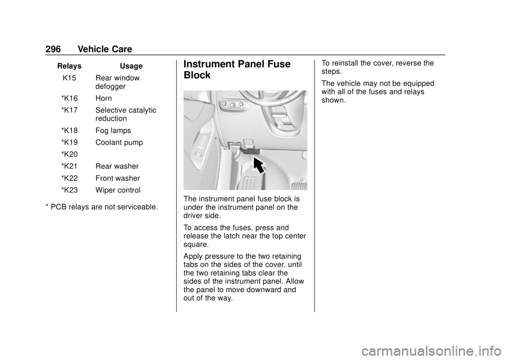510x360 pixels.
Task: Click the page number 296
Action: (x=53, y=49)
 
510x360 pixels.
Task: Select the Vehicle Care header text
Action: (x=105, y=49)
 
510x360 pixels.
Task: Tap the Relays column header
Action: (x=69, y=66)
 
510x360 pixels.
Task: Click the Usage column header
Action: (x=131, y=66)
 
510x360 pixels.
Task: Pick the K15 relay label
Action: (x=69, y=78)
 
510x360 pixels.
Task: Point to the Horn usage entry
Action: (x=104, y=98)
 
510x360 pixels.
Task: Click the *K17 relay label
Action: (x=69, y=110)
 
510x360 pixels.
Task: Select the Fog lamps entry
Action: (x=113, y=131)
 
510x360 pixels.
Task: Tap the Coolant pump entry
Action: (x=119, y=143)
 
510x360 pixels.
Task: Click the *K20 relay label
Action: (x=69, y=155)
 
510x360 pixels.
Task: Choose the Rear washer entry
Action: (x=117, y=166)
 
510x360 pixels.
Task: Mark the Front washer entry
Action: (x=118, y=178)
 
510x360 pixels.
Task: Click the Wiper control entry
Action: (x=118, y=190)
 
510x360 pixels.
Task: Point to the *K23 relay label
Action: (x=69, y=190)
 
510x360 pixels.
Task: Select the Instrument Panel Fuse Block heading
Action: (x=237, y=70)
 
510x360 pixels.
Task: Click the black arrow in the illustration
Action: (x=259, y=165)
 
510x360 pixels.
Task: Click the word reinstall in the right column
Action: (x=344, y=63)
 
